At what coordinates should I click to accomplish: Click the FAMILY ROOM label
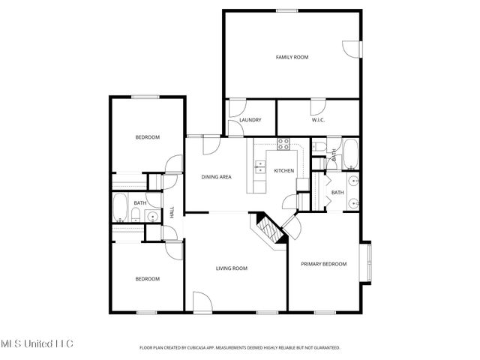(x=292, y=57)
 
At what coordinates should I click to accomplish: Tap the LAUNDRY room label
(x=250, y=120)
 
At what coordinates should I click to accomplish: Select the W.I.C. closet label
(x=318, y=120)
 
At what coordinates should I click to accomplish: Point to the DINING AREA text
(x=216, y=177)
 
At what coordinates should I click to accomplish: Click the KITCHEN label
(x=283, y=171)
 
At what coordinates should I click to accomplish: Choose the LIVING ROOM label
(x=232, y=268)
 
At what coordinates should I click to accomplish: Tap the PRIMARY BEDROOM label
(x=324, y=264)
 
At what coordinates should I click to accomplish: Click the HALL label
(x=172, y=213)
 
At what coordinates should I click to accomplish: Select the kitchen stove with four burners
(x=284, y=144)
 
